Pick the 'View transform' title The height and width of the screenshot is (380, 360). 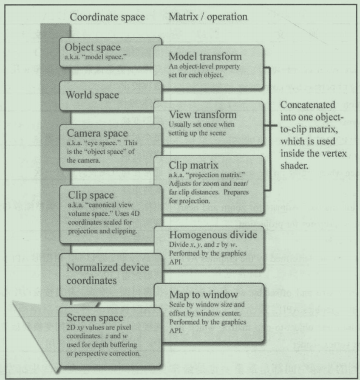pyautogui.click(x=197, y=115)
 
